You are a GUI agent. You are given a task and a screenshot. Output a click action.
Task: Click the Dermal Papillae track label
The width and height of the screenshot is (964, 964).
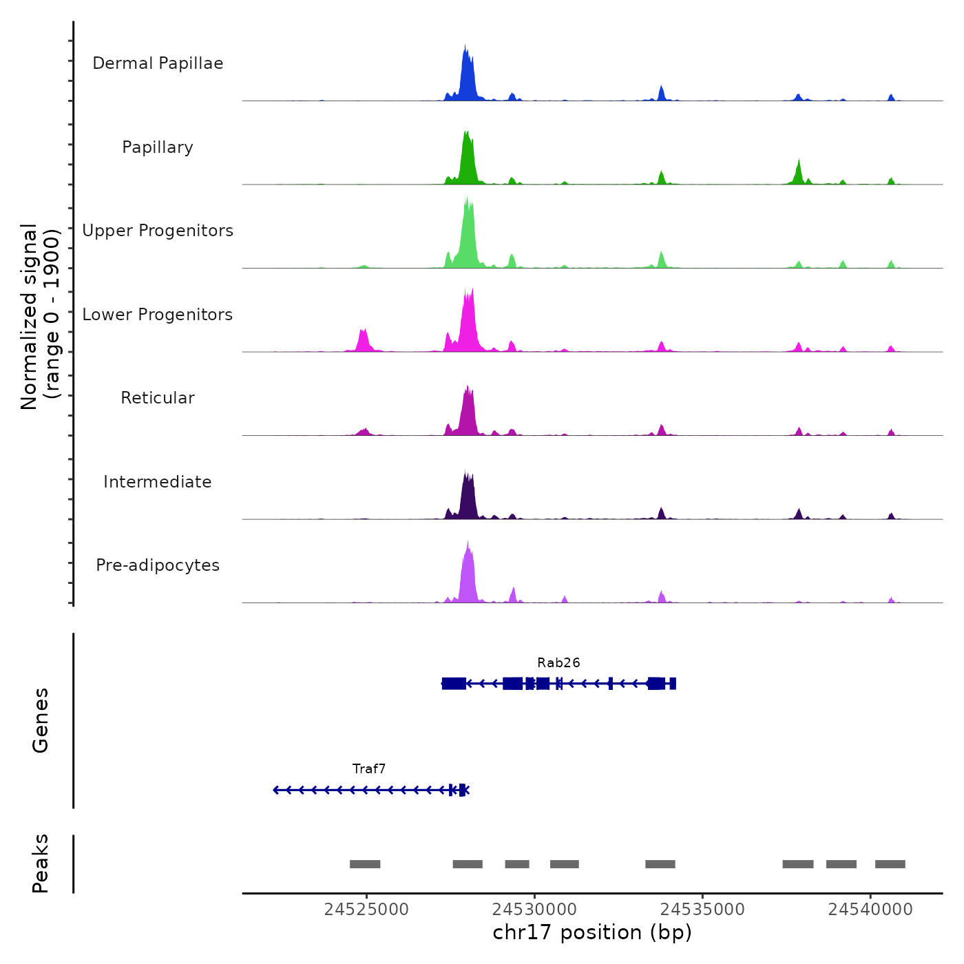point(158,63)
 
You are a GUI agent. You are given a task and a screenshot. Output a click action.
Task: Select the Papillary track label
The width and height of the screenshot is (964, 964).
point(158,147)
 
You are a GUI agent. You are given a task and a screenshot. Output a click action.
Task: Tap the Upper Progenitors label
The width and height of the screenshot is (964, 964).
point(158,231)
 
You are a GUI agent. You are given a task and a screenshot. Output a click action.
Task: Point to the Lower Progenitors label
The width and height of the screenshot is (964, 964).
point(158,315)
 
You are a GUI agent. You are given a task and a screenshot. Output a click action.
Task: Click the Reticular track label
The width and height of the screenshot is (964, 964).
point(158,398)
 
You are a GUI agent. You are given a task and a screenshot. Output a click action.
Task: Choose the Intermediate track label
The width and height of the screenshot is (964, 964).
point(158,482)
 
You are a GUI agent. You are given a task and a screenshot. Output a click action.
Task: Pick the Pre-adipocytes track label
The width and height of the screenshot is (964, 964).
point(158,565)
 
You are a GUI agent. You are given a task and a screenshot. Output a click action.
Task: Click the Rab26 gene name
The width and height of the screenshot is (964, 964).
point(558,662)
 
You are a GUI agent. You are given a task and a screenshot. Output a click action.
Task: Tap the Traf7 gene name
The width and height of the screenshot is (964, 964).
point(369,768)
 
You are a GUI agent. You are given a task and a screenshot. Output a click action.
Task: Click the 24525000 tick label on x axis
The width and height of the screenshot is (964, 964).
point(366,910)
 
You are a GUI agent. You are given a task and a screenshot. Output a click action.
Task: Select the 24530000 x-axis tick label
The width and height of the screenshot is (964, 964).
point(534,910)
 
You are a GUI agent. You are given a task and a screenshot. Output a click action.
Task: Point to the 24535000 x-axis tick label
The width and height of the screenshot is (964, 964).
point(702,910)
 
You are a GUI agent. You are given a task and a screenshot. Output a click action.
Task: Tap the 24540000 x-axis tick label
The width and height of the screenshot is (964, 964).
point(870,910)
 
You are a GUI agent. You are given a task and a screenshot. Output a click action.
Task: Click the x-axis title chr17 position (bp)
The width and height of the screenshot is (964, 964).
point(592,932)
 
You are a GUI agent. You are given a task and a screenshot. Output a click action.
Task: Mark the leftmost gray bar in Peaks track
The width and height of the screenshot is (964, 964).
point(365,864)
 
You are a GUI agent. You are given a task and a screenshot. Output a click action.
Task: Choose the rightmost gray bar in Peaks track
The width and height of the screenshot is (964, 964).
point(890,864)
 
